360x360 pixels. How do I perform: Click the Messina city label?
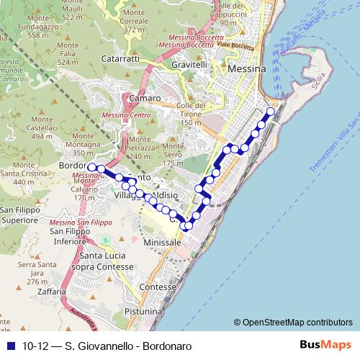[246, 69]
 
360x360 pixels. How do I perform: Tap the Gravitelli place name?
[190, 64]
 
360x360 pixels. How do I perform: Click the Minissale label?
[161, 243]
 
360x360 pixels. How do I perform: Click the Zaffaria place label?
[45, 293]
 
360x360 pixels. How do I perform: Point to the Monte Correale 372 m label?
[140, 26]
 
